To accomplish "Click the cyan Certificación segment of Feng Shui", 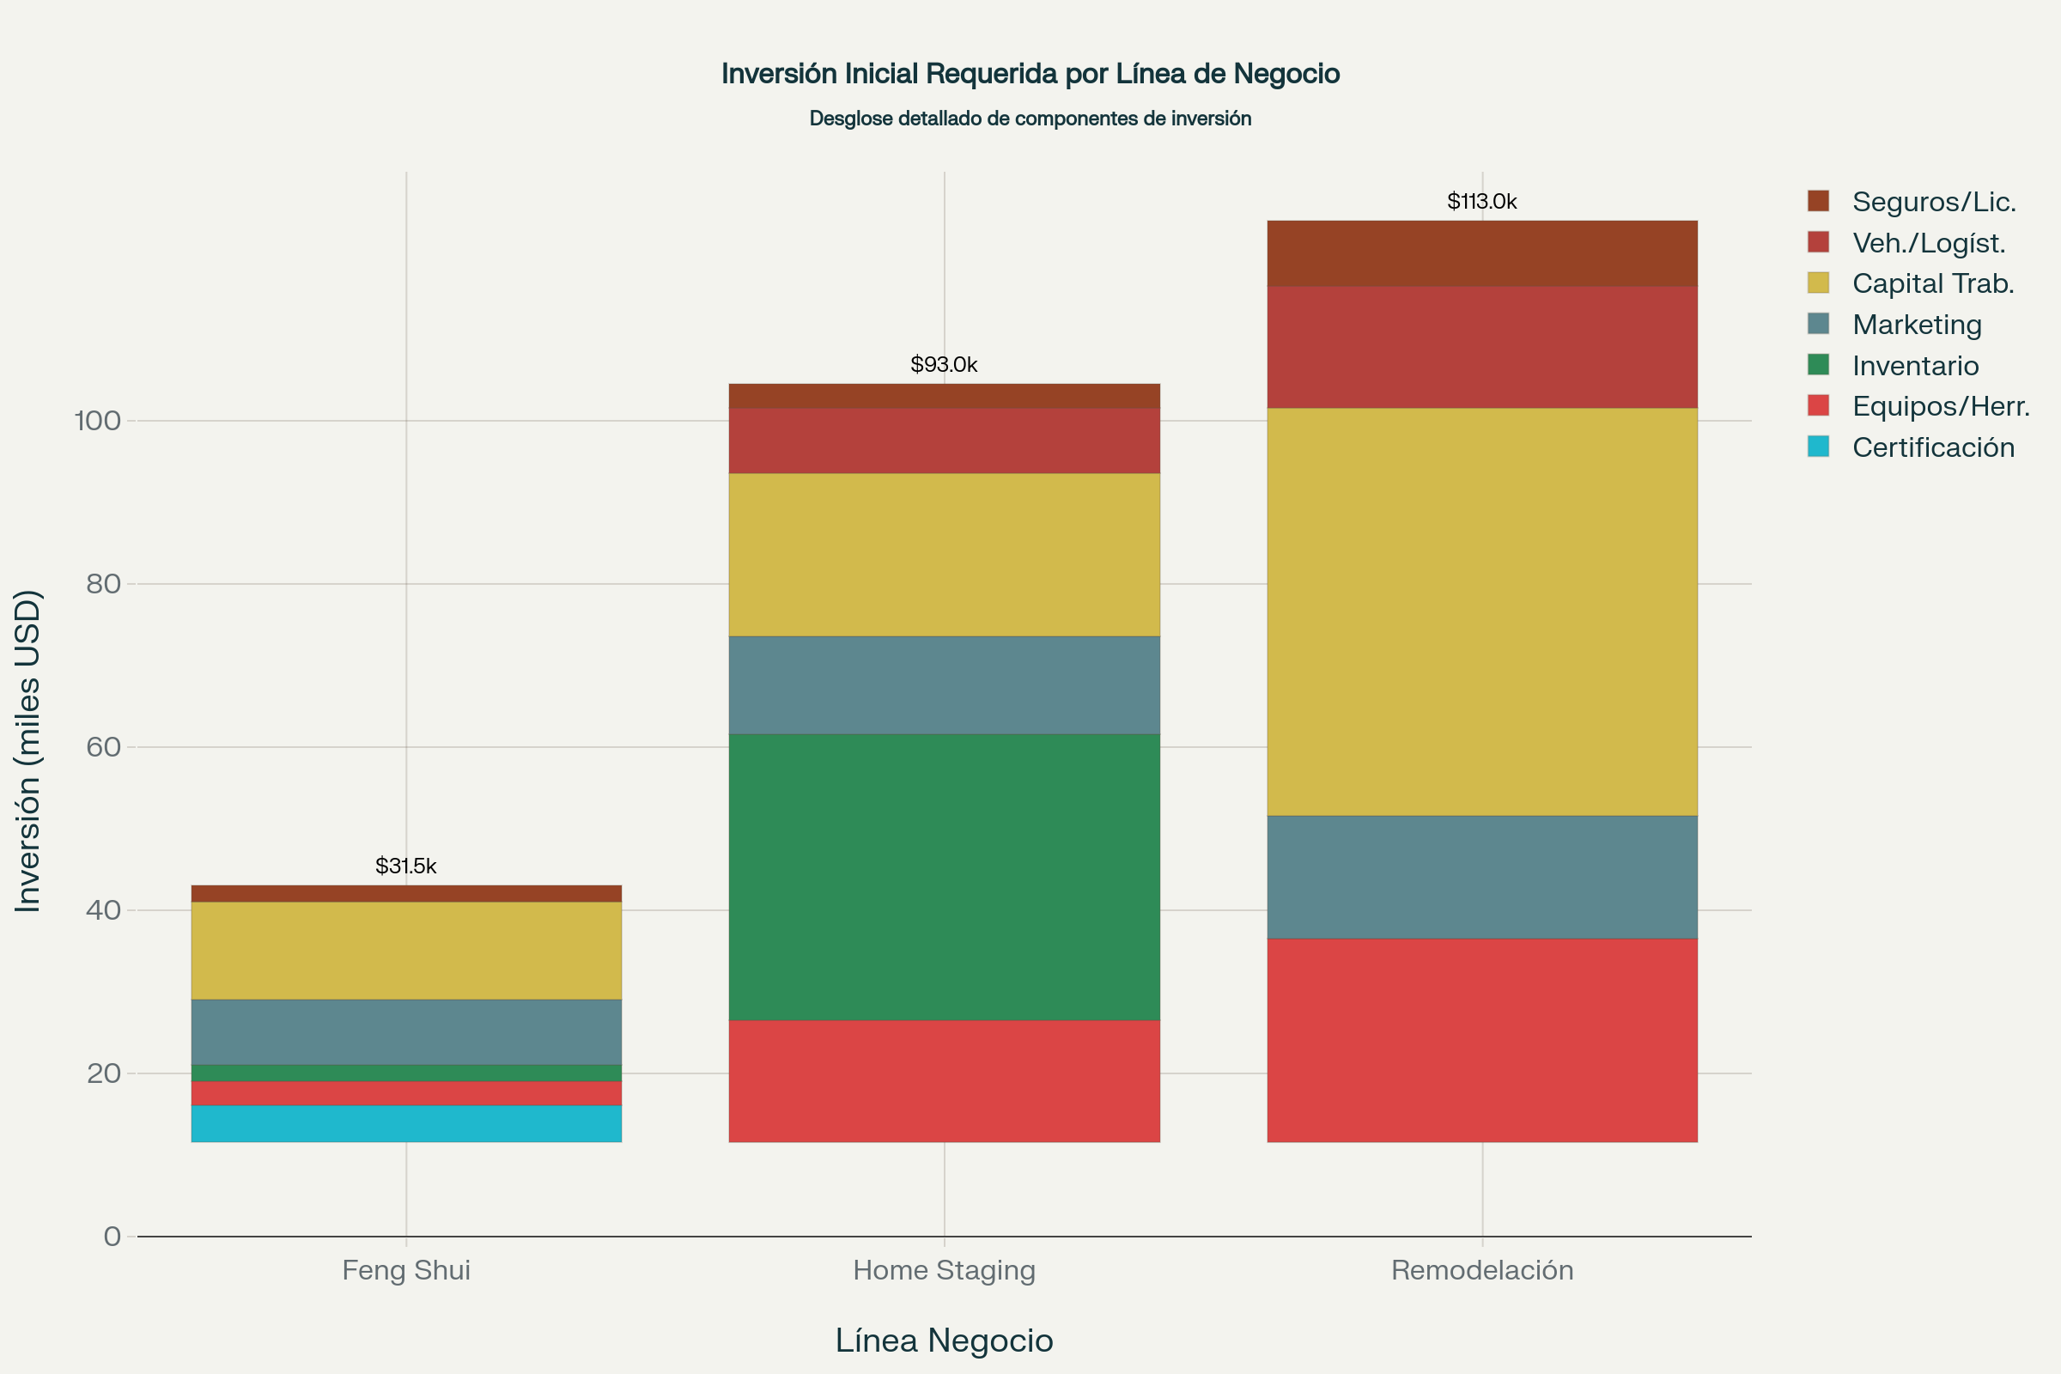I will point(405,1123).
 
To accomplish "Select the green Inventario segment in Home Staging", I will point(944,876).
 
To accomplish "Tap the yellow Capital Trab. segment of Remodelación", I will point(1482,611).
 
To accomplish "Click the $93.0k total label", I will point(944,364).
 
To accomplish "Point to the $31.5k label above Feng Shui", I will point(405,866).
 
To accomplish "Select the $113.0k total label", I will point(1482,202).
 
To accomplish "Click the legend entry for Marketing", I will point(1917,325).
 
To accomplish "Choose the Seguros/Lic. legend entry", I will point(1933,202).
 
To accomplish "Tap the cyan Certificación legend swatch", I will point(1818,447).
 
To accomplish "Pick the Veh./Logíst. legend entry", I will point(1928,243).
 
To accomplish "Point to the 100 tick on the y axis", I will point(97,421).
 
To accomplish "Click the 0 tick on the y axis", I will point(112,1237).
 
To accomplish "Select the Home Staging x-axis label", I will point(944,1270).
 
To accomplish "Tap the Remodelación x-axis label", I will point(1482,1270).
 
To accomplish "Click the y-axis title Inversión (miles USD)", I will point(28,751).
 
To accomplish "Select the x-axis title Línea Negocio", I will point(944,1340).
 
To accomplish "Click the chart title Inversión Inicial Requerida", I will point(1030,74).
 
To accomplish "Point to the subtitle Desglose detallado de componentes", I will point(1030,119).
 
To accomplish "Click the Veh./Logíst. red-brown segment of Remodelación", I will point(1482,347).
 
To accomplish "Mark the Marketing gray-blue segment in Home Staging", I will point(944,685).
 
